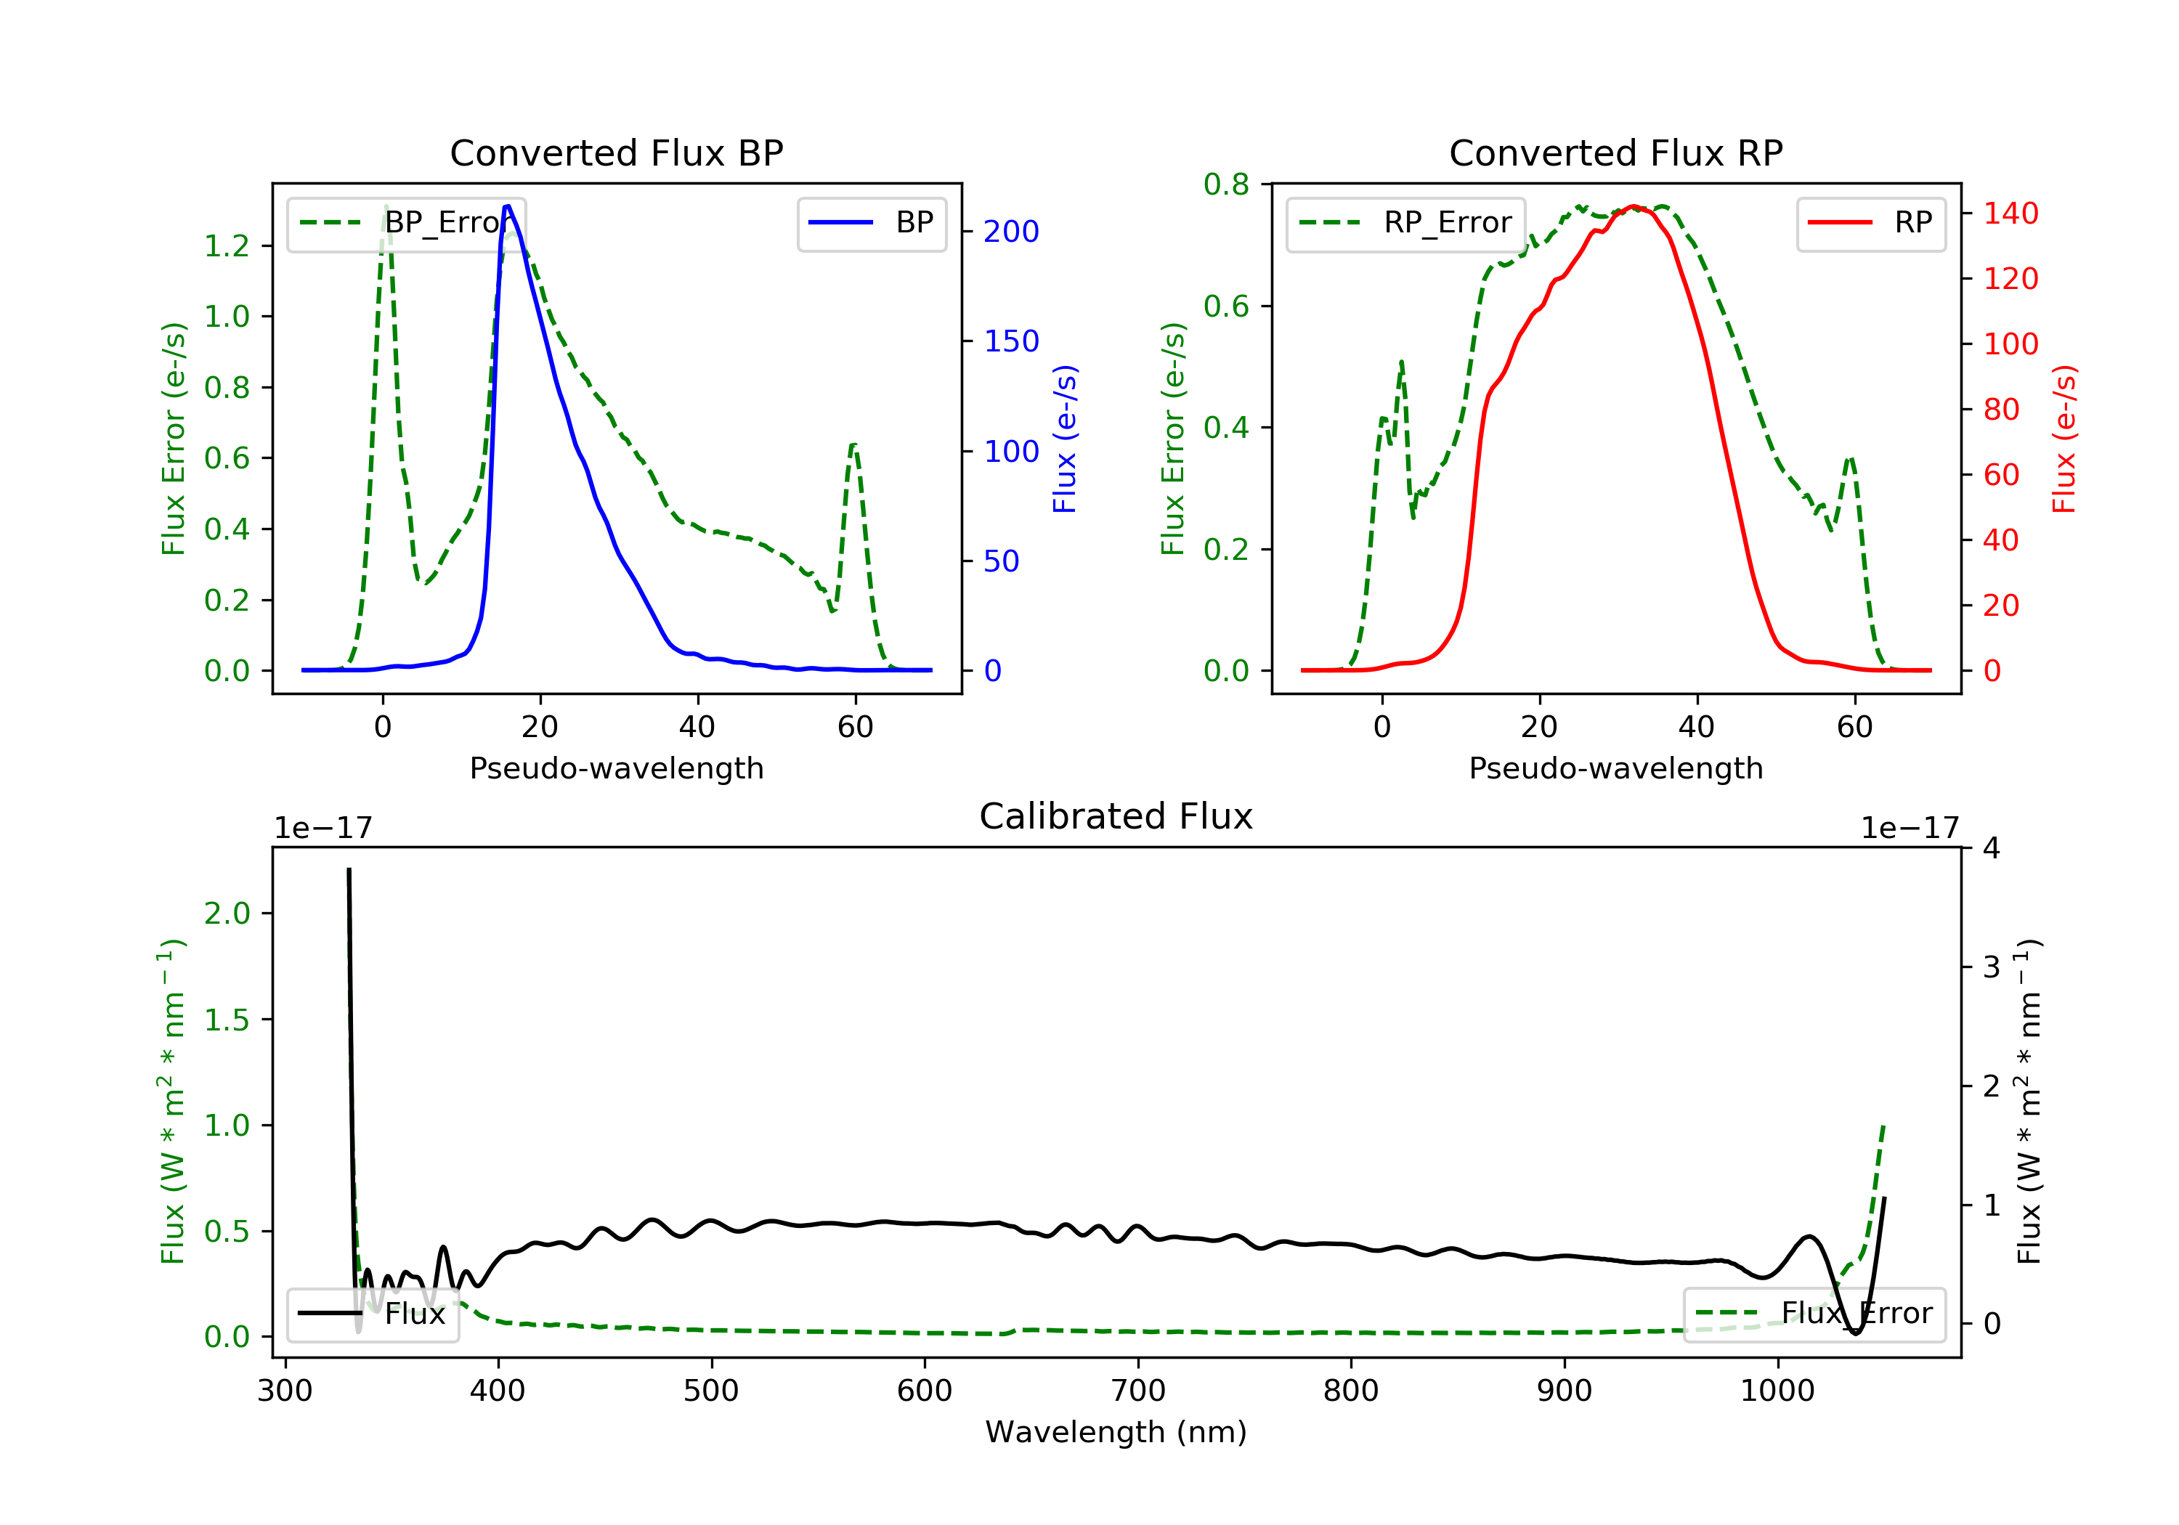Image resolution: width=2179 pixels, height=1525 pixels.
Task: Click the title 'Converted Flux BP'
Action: click(x=617, y=152)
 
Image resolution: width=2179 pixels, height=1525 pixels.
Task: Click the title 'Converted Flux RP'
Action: click(x=1616, y=152)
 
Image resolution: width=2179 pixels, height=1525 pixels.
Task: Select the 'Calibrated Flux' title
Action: click(x=1116, y=816)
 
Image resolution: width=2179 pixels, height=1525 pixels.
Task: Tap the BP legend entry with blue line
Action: click(x=871, y=223)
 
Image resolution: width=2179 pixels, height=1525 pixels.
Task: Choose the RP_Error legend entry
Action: click(x=1405, y=223)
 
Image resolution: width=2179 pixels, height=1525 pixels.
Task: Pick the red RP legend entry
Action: click(x=1870, y=223)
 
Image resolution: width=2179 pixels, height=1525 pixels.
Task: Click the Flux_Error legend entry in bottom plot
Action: click(x=1814, y=1314)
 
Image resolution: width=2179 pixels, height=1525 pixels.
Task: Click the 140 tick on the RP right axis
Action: click(x=2010, y=213)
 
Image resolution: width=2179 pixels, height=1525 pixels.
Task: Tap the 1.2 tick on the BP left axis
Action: click(x=227, y=245)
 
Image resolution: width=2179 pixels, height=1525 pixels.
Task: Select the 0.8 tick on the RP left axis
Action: click(x=1226, y=184)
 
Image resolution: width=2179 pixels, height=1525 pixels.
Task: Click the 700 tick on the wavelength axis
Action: click(x=1138, y=1391)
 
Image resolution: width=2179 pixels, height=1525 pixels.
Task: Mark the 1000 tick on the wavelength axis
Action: click(x=1777, y=1391)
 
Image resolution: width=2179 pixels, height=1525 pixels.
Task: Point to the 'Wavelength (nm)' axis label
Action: click(x=1116, y=1432)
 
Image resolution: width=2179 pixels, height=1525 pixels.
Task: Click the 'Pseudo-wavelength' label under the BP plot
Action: click(x=617, y=768)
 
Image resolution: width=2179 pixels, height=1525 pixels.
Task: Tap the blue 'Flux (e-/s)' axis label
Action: click(x=1065, y=439)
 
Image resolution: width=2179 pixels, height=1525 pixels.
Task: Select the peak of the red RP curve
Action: click(x=1632, y=206)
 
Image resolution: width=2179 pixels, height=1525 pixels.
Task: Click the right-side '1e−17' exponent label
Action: click(x=1910, y=829)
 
